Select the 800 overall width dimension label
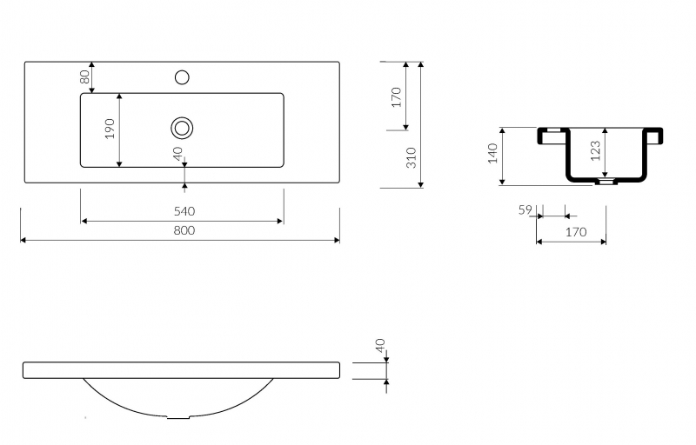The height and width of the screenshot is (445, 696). (184, 230)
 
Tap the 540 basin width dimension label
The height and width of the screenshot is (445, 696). (184, 211)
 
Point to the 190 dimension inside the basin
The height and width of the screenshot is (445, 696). (110, 129)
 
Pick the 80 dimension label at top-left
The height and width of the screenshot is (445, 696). (84, 77)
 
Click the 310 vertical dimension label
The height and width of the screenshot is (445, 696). (412, 157)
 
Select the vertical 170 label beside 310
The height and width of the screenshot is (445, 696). (396, 97)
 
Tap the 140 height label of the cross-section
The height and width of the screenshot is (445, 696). (492, 153)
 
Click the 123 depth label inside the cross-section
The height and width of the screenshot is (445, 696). (596, 150)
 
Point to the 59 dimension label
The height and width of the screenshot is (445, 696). (525, 209)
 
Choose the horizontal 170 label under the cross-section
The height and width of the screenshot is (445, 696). (576, 232)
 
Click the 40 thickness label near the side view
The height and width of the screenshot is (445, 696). (380, 345)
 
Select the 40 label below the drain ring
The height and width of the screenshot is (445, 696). (177, 153)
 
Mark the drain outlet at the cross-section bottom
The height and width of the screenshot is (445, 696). (606, 182)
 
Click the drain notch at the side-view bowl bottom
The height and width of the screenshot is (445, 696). (178, 417)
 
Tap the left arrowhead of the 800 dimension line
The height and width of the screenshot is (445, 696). (24, 240)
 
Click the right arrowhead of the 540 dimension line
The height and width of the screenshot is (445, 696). (279, 221)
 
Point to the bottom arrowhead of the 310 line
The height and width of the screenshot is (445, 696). (421, 184)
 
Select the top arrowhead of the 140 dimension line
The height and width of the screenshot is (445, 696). (503, 131)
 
